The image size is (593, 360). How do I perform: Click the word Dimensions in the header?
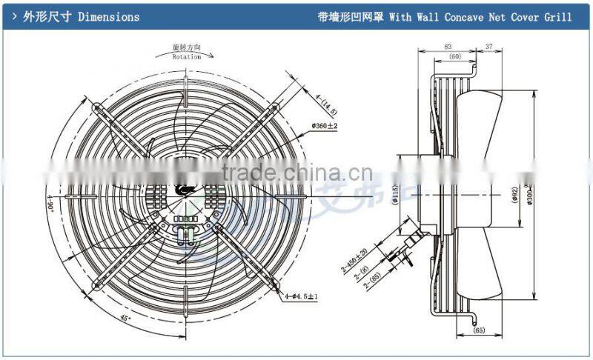point(108,16)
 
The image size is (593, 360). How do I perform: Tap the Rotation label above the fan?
point(186,56)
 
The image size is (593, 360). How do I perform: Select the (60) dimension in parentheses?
point(454,56)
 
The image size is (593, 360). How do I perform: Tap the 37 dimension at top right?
point(488,47)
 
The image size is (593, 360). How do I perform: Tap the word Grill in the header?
point(561,16)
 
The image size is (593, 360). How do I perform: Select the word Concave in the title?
point(433,16)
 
